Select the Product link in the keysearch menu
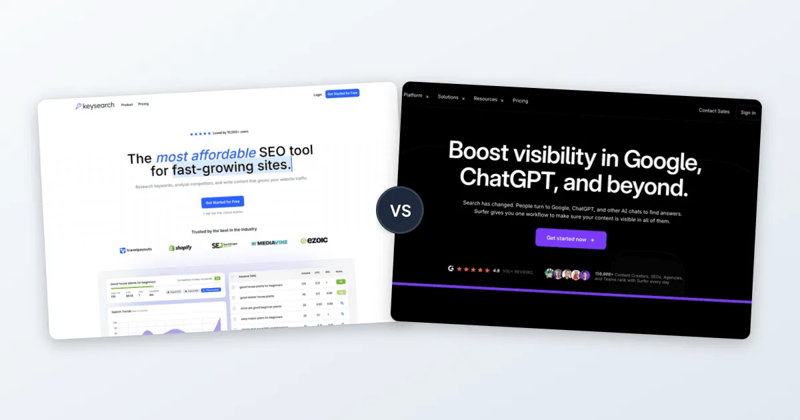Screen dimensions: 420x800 127,105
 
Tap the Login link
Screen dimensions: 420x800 317,95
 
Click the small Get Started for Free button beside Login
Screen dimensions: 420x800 342,93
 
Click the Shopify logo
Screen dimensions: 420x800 180,247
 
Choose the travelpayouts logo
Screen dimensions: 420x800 136,250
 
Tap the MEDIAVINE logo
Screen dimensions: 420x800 269,243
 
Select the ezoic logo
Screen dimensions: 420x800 314,240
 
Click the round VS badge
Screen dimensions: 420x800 400,211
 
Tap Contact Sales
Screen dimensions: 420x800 714,111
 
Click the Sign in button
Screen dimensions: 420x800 748,113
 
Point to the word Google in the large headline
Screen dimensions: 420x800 660,161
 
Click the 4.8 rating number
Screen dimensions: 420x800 496,271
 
